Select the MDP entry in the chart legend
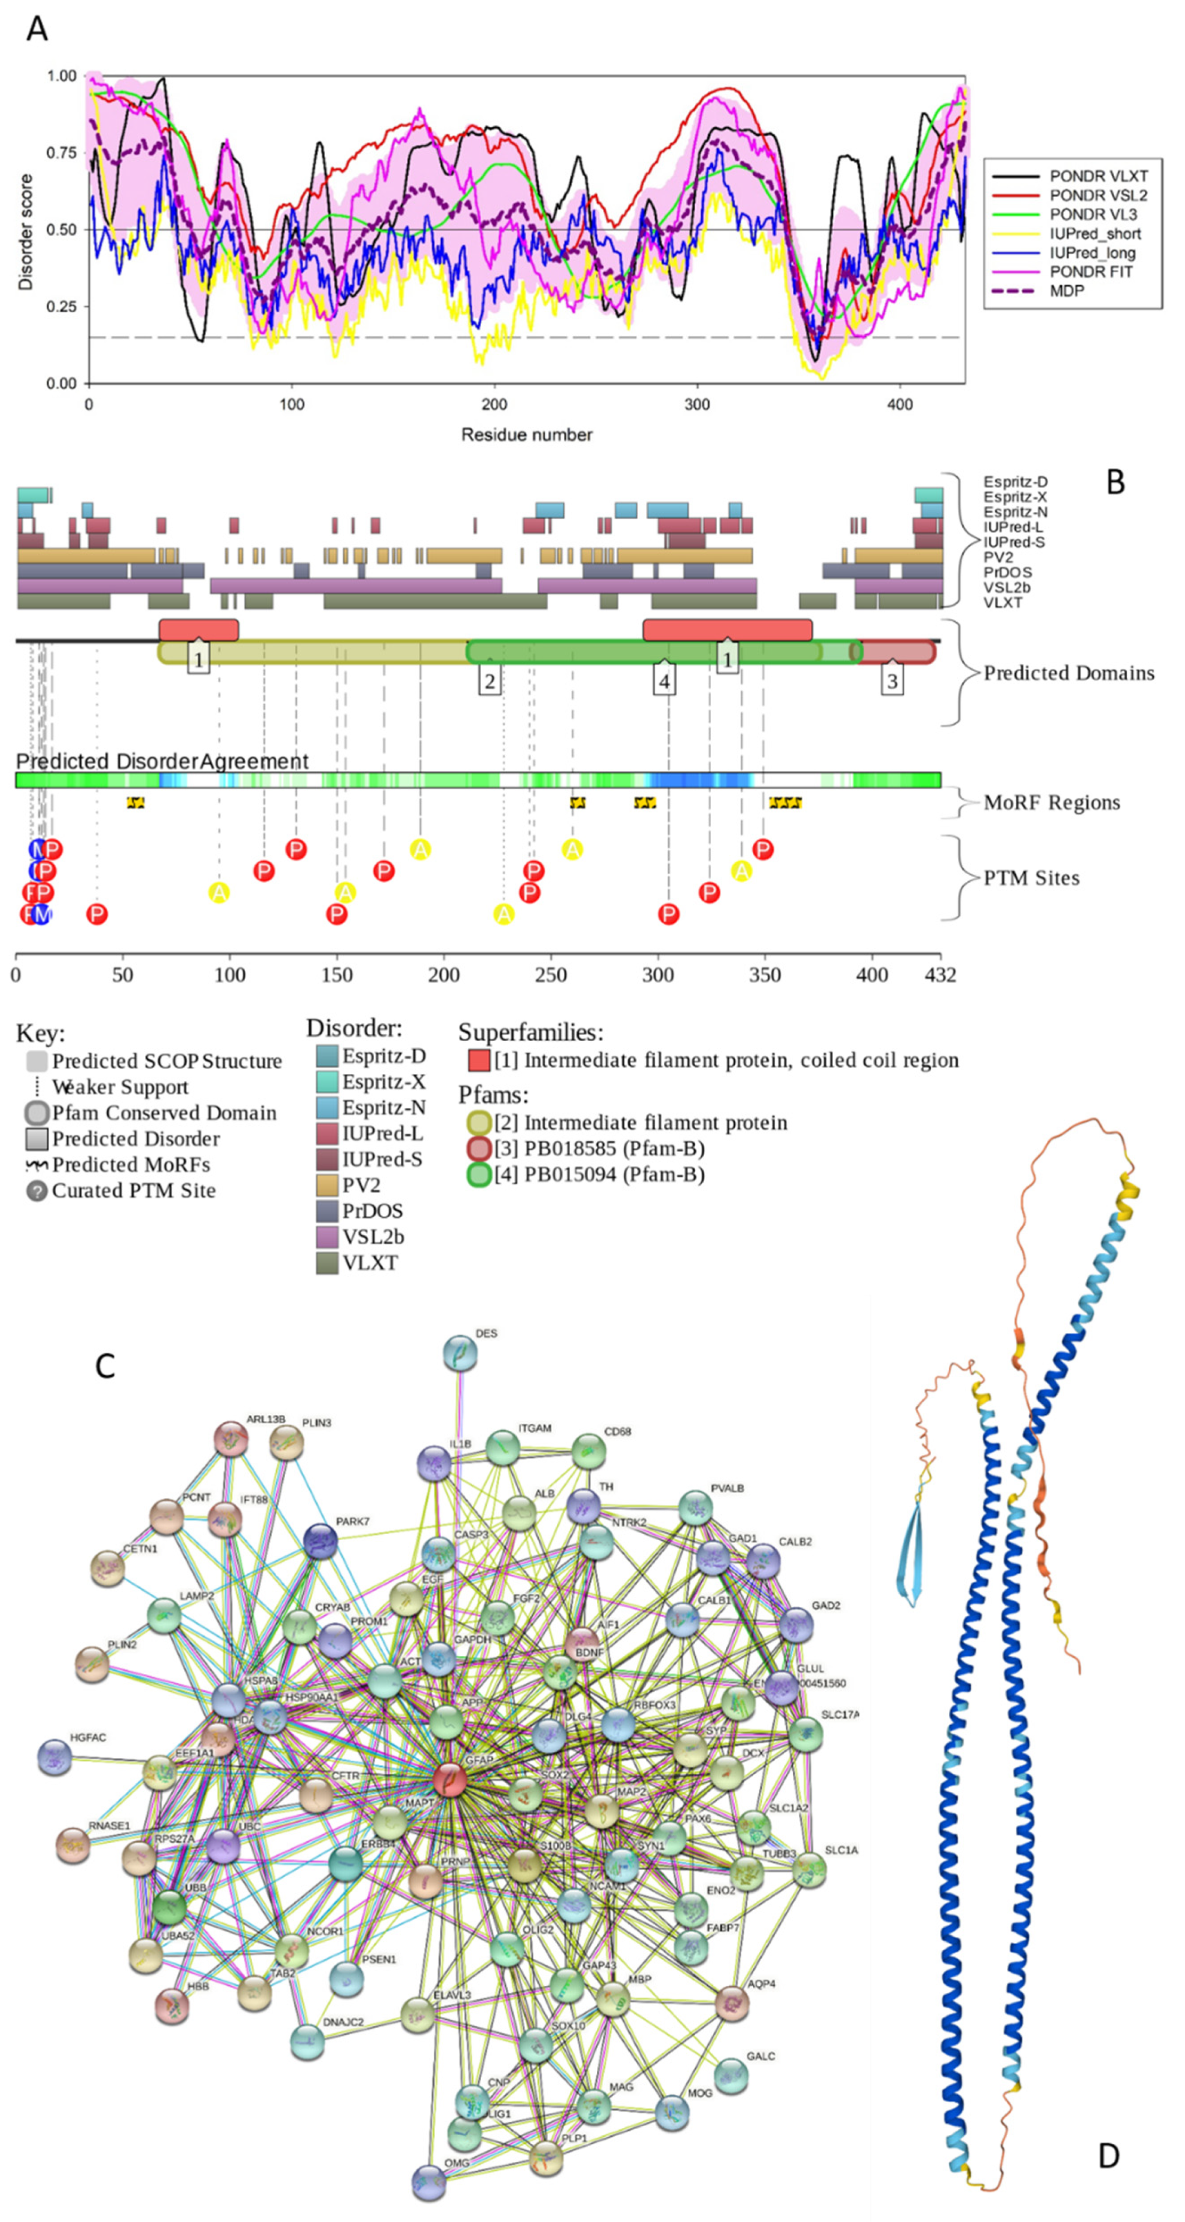click(x=1067, y=291)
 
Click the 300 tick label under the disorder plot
click(x=697, y=404)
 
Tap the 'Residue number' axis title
click(x=526, y=434)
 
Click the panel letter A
click(x=36, y=30)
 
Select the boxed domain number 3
click(x=892, y=681)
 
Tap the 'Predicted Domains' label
click(x=1069, y=673)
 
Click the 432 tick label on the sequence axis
click(x=940, y=975)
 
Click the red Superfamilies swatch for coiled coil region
click(x=479, y=1060)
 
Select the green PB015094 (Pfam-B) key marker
click(x=479, y=1174)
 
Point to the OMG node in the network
click(x=429, y=2175)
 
